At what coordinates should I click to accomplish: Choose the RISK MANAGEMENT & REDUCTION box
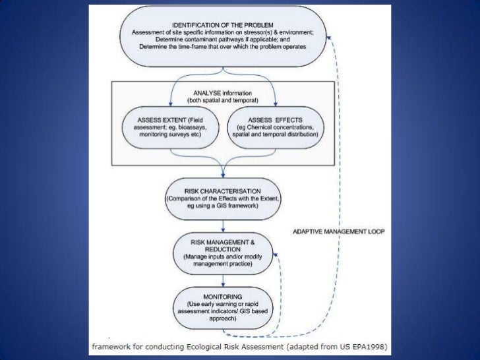(222, 251)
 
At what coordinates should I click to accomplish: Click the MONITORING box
(223, 307)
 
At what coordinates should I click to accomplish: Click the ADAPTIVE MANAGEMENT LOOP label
(338, 231)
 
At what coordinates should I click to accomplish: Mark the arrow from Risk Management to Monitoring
(223, 280)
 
